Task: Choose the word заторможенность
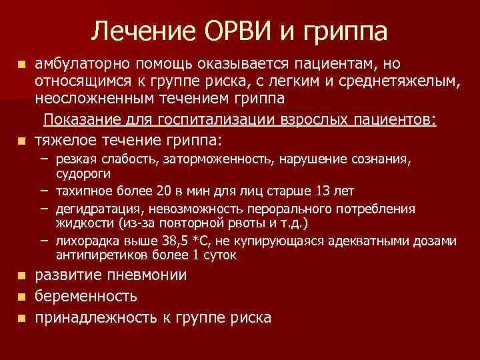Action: coord(215,159)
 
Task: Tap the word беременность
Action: coord(86,296)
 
